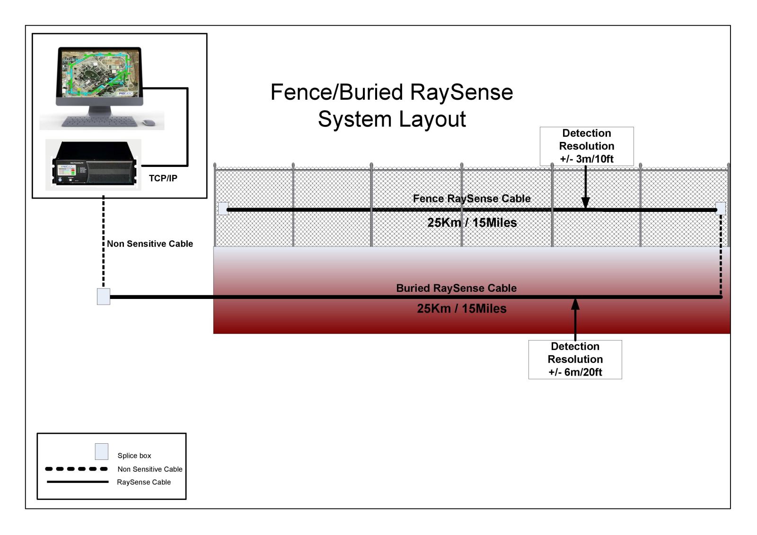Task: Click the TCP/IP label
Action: [163, 178]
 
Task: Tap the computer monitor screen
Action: [99, 73]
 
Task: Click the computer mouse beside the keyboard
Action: [149, 123]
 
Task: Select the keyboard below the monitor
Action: [99, 122]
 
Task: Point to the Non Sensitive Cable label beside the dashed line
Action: [150, 244]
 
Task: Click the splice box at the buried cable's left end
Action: [104, 297]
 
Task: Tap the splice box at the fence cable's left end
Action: [223, 209]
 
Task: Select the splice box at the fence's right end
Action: [720, 208]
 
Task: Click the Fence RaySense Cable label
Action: [471, 199]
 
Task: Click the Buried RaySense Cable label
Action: [456, 288]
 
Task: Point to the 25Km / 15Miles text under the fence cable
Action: [472, 223]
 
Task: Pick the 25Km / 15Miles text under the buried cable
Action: [461, 309]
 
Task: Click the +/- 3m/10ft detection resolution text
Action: [586, 159]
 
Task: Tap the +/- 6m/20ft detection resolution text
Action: [575, 372]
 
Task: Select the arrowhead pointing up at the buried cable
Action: [575, 304]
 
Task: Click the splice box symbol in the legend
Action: [102, 451]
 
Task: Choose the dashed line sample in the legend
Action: [76, 469]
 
